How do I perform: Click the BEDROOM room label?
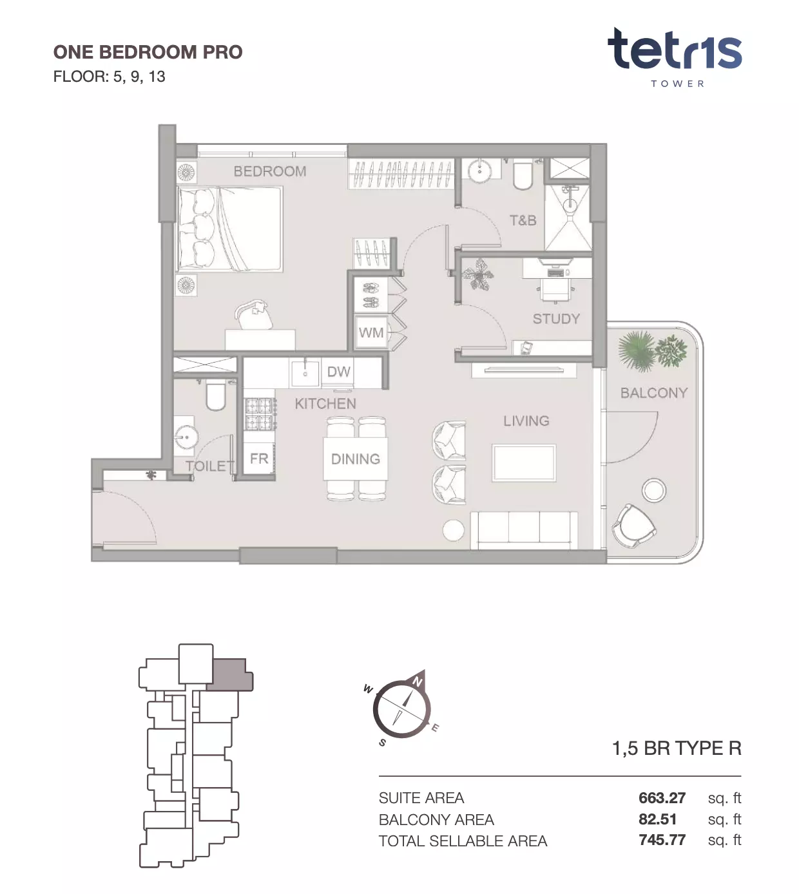pos(270,171)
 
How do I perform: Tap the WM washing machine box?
pos(371,332)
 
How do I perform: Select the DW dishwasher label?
pos(338,372)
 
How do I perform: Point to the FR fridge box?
pos(258,459)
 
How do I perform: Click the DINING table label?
pos(355,459)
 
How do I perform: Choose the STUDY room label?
pos(556,319)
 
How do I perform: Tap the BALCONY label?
pos(654,393)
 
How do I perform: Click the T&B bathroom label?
pos(523,220)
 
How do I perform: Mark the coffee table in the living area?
pos(524,463)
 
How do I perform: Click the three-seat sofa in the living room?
pos(524,530)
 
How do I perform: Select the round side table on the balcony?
pos(654,490)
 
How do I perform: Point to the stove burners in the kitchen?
pos(259,414)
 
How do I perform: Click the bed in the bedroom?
pos(229,229)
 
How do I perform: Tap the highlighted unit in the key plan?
pos(230,674)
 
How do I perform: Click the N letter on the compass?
pos(417,681)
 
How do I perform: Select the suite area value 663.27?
pos(662,798)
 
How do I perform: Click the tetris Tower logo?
pos(675,57)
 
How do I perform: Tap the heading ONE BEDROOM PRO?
pos(148,52)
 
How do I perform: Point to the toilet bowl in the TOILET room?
pos(216,395)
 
